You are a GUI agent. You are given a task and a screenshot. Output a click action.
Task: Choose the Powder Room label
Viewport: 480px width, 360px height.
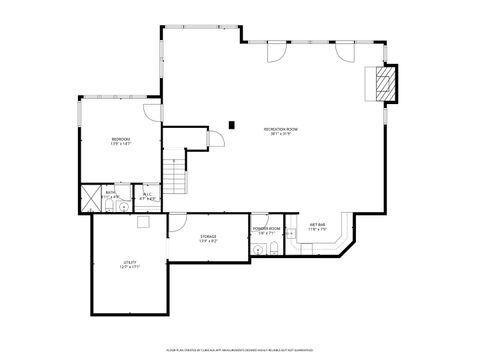(x=265, y=231)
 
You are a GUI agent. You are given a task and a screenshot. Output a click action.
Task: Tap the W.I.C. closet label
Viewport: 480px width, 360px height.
(x=147, y=198)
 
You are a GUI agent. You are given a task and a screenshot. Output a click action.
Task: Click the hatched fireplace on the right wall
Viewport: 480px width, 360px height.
(x=384, y=84)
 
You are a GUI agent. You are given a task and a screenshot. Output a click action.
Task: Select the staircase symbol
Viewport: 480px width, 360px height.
(x=176, y=176)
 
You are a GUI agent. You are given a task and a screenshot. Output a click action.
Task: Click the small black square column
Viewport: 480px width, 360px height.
(x=232, y=125)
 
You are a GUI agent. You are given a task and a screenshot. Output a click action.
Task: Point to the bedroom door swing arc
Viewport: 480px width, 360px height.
(x=150, y=112)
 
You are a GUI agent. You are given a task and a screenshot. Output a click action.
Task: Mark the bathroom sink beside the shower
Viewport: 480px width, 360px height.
(x=111, y=198)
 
